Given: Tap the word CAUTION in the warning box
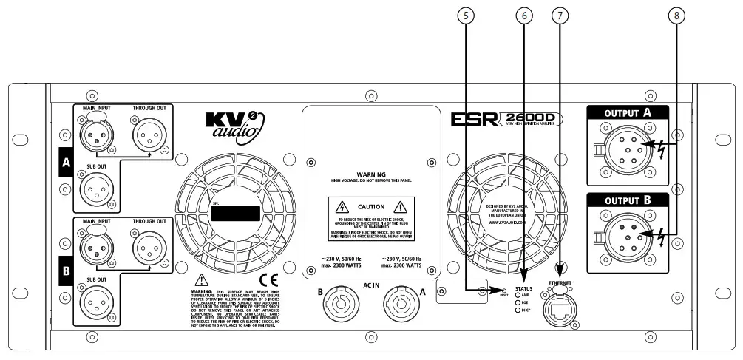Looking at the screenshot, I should click(371, 207).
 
